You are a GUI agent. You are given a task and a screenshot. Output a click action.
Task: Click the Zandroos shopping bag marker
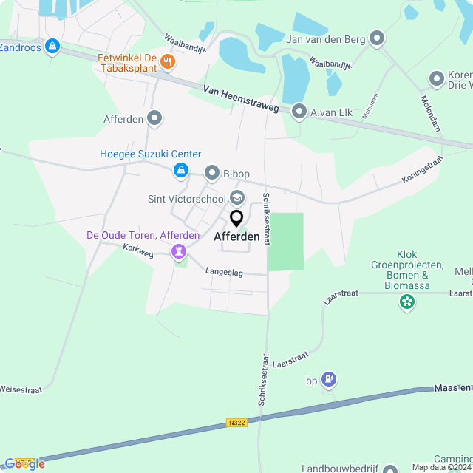[x=52, y=47]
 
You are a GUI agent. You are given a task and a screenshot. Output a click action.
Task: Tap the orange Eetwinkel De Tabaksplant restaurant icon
[x=168, y=62]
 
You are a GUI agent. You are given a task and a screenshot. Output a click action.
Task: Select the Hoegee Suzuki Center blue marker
[x=180, y=171]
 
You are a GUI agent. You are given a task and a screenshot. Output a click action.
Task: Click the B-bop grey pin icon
[x=212, y=174]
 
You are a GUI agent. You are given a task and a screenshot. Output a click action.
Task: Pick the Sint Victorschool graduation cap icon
[x=237, y=197]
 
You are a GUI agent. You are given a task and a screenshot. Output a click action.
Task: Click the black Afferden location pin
[x=236, y=219]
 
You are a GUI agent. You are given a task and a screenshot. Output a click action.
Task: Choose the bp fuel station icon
[x=329, y=380]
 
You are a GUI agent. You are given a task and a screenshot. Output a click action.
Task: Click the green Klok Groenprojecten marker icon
[x=406, y=301]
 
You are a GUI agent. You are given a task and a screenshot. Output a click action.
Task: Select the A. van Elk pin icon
[x=299, y=112]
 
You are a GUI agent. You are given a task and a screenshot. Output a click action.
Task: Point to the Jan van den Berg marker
[x=378, y=38]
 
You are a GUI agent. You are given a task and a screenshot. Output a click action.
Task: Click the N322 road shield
[x=236, y=423]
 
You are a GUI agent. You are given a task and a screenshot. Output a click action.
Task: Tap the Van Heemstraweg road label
[x=242, y=98]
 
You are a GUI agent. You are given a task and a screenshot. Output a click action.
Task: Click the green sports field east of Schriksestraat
[x=286, y=241]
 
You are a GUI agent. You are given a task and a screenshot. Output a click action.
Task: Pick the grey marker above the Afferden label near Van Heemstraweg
[x=154, y=118]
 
